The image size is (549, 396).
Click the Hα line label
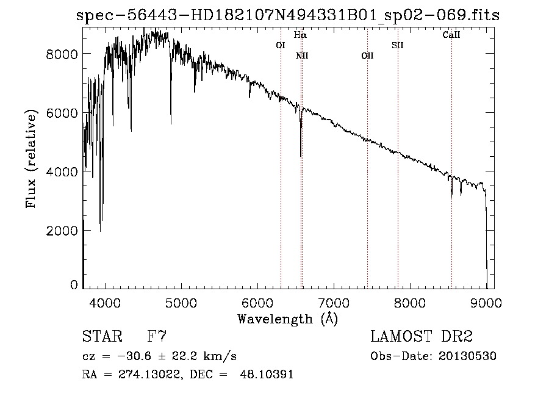tap(300, 35)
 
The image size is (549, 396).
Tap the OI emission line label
tap(281, 45)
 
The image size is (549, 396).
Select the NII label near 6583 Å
tap(302, 56)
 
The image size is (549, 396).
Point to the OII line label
tap(367, 56)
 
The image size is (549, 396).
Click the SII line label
tap(398, 45)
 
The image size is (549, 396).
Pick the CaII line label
tap(451, 35)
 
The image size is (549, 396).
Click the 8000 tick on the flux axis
tap(62, 54)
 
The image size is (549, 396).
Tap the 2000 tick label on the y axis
tap(62, 231)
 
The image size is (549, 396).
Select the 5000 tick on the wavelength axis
tap(181, 301)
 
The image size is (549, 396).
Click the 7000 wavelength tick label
tap(334, 301)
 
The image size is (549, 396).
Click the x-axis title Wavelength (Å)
tap(287, 318)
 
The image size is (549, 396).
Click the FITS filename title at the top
tap(287, 16)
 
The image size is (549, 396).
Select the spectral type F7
tap(157, 337)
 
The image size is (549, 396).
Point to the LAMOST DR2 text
tap(422, 337)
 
